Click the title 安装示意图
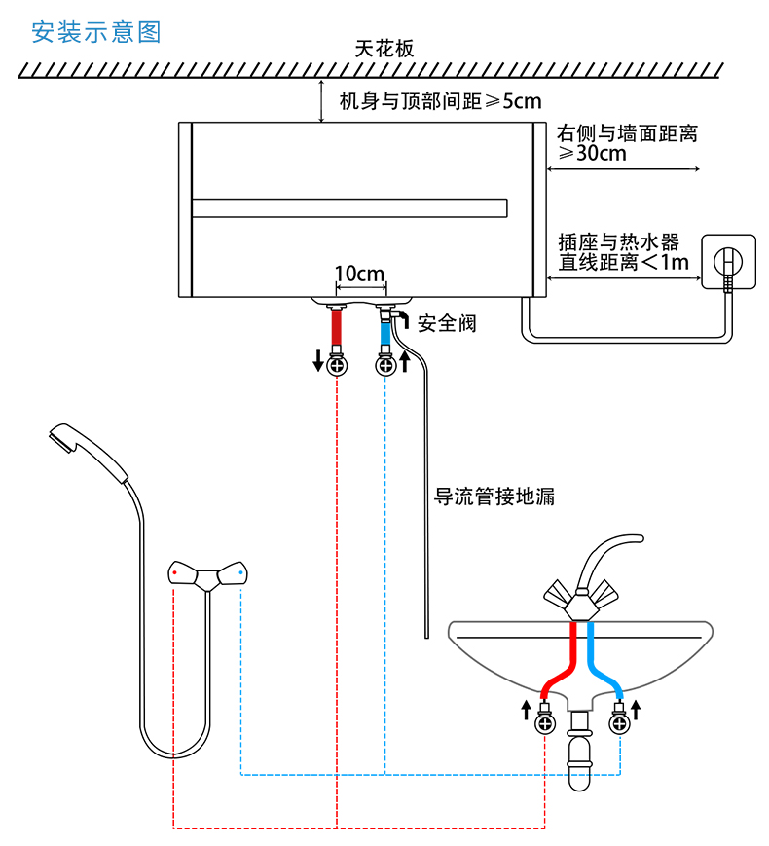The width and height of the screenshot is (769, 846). click(96, 32)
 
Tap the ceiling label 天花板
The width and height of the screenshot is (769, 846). click(384, 49)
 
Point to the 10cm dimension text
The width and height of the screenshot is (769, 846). click(359, 274)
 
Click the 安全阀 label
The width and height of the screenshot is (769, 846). click(447, 323)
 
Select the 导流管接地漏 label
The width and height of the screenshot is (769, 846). click(494, 496)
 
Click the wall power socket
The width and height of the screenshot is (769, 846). click(728, 262)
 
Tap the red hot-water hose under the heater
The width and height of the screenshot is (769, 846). click(336, 327)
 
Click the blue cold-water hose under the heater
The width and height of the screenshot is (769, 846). click(385, 333)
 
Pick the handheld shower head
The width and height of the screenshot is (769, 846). click(89, 451)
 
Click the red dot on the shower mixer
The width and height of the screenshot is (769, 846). click(174, 572)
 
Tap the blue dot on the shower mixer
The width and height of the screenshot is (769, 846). click(240, 572)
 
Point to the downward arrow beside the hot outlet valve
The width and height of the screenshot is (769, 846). click(318, 360)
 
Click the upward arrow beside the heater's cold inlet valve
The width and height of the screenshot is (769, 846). click(405, 361)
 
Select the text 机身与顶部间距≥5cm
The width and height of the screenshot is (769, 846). click(440, 101)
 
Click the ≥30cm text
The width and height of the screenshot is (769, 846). click(593, 153)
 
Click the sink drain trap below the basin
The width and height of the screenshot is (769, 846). click(579, 750)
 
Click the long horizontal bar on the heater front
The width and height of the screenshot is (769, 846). click(349, 208)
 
